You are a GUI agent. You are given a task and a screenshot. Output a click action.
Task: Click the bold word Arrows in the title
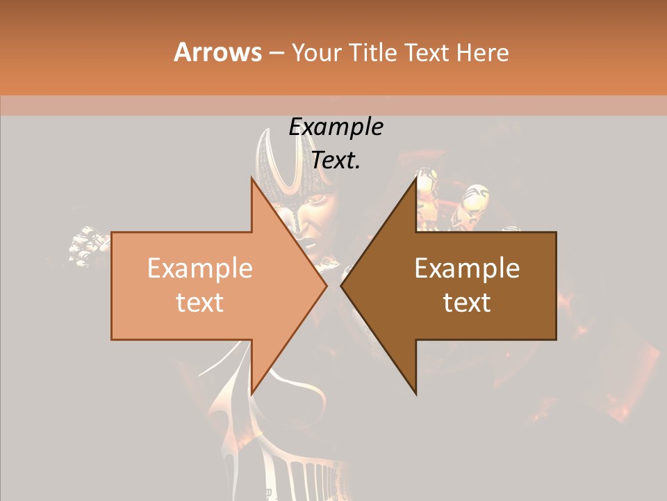[x=217, y=52]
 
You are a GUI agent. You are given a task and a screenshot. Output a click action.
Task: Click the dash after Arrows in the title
[x=276, y=54]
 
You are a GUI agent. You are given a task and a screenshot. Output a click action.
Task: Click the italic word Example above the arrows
[x=336, y=127]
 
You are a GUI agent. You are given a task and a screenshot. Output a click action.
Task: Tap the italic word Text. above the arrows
[x=336, y=161]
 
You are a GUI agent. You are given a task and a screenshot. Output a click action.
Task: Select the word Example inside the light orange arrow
[x=199, y=269]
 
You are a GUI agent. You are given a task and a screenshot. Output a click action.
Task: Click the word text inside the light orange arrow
[x=199, y=303]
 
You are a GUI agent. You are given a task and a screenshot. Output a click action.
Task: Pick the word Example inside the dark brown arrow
[x=467, y=269]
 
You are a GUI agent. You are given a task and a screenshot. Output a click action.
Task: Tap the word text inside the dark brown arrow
[x=467, y=303]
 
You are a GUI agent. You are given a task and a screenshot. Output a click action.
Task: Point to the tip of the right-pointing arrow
[x=327, y=286]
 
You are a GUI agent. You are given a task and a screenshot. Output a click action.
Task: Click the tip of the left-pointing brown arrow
[x=341, y=286]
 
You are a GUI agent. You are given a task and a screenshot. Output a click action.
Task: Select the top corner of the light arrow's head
[x=251, y=177]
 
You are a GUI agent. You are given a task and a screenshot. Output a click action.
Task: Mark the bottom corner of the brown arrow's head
[x=416, y=395]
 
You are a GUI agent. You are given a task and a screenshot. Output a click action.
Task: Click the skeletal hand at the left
[x=87, y=247]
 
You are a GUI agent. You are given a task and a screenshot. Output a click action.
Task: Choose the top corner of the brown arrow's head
[x=416, y=177]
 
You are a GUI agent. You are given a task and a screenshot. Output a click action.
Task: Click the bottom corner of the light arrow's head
[x=251, y=395]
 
